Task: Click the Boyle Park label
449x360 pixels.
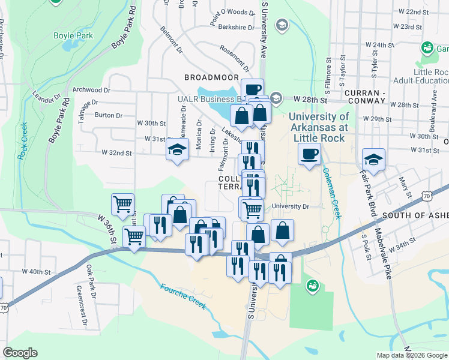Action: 76,36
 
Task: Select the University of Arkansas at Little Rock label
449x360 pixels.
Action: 319,127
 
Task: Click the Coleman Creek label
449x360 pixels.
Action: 331,193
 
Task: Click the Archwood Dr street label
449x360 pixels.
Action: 91,89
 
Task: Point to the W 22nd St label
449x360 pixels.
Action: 414,12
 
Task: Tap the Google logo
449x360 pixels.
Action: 20,353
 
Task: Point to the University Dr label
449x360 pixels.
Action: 289,206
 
